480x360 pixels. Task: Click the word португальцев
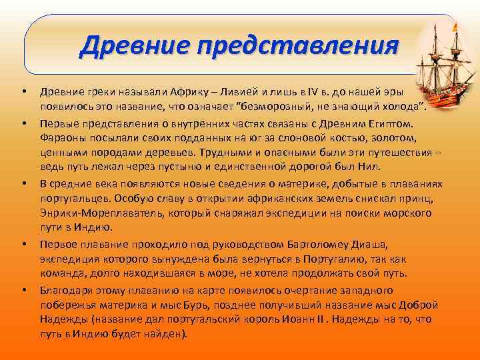(x=75, y=197)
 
